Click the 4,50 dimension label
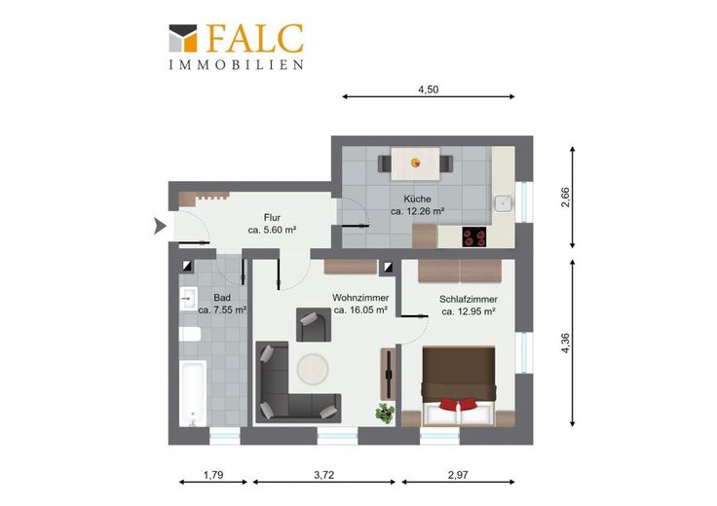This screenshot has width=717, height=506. click(x=428, y=90)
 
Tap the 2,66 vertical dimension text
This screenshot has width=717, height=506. click(x=566, y=198)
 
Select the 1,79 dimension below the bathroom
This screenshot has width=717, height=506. click(x=213, y=475)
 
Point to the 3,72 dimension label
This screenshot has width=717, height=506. click(x=323, y=475)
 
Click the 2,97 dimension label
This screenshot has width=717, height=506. click(x=458, y=475)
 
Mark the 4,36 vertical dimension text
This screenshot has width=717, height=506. click(x=566, y=343)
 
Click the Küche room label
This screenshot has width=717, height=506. click(x=417, y=199)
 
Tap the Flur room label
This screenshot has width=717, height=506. click(x=272, y=218)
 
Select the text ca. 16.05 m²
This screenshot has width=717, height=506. click(x=360, y=310)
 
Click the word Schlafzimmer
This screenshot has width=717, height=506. click(x=469, y=300)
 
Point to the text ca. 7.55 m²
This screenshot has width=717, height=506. click(x=223, y=310)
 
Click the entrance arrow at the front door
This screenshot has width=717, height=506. click(x=160, y=226)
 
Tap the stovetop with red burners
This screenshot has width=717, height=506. click(x=473, y=237)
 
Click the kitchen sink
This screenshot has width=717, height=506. click(x=504, y=202)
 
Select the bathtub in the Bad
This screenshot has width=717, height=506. click(x=193, y=393)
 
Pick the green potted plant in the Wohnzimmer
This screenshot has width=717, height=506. click(x=385, y=413)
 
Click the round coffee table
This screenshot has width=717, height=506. click(x=313, y=369)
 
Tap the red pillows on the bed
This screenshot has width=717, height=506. click(x=458, y=405)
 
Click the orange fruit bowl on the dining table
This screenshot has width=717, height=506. click(x=415, y=163)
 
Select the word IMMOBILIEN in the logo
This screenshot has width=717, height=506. click(x=237, y=64)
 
